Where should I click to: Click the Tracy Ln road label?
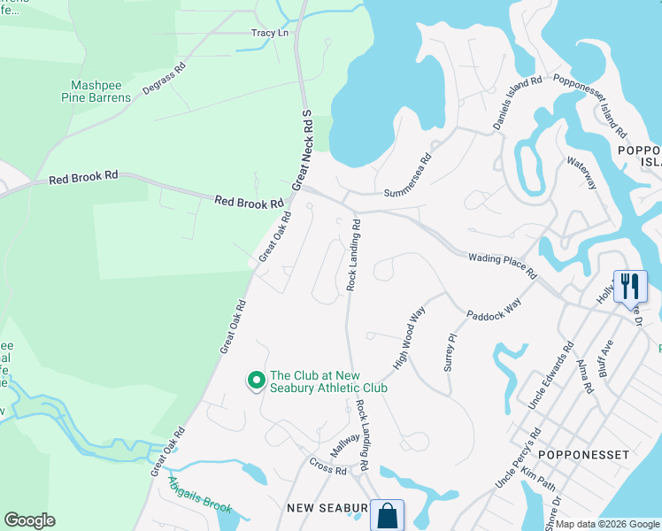270,33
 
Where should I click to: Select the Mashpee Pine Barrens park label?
101,92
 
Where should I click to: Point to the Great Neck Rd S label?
303,150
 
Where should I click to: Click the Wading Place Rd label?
502,264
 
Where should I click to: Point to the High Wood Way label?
410,337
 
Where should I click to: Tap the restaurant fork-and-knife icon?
630,287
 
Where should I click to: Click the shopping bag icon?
388,515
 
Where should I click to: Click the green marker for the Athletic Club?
257,381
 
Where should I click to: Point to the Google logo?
30,520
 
